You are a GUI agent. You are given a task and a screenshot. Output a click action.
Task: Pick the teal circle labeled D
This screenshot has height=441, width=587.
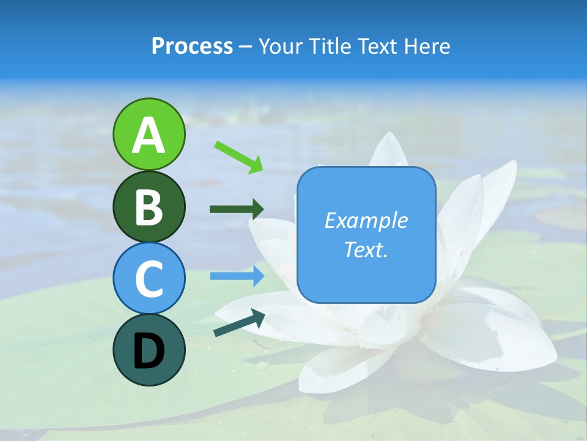tap(149, 350)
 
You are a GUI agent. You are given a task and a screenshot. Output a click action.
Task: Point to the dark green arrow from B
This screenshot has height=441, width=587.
tap(237, 209)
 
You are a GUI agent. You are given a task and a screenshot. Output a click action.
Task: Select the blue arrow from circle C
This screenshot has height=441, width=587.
tap(237, 276)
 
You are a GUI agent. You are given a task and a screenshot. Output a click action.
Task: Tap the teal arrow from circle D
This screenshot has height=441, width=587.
tap(239, 323)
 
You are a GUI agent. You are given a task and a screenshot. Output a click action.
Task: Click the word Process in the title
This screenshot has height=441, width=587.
tap(192, 47)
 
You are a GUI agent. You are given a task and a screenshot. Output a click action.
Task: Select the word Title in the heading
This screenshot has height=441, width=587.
tap(329, 47)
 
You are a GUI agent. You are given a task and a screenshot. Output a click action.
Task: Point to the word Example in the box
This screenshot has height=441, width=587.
tap(366, 221)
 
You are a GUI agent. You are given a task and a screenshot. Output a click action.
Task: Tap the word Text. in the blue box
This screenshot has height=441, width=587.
tap(366, 249)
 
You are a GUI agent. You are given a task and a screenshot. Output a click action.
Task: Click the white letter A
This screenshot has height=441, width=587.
tap(149, 135)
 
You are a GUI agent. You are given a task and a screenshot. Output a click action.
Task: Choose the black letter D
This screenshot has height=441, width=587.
tap(149, 351)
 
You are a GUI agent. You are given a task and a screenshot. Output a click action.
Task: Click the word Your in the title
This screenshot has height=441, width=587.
tap(281, 47)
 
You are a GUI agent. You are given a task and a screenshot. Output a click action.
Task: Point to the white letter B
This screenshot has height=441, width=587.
tap(149, 208)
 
